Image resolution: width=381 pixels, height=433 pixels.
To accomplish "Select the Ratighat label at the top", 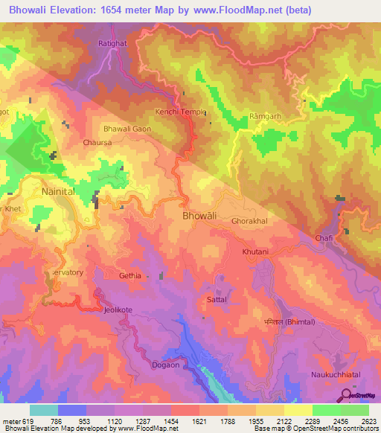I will click(112, 43).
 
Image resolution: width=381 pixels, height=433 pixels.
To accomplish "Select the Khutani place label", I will click(255, 252).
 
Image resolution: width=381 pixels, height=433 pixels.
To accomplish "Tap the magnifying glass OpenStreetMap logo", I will click(348, 395).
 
